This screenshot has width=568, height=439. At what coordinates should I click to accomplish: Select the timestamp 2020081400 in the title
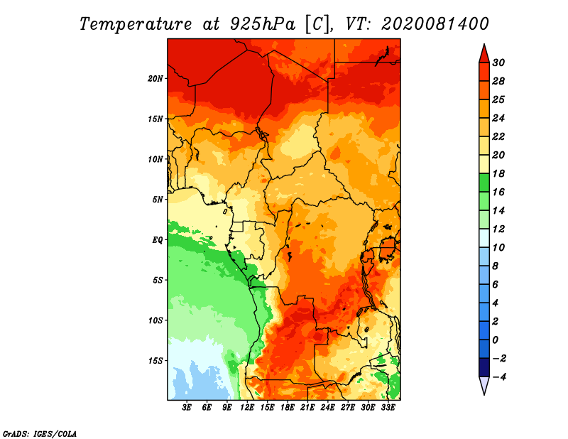(435, 23)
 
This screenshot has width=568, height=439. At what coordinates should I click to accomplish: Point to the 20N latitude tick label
(155, 78)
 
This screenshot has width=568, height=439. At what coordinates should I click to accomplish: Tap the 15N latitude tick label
(155, 119)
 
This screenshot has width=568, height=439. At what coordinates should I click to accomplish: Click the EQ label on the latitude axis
(157, 240)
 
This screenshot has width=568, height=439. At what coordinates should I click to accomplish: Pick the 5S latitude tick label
(158, 280)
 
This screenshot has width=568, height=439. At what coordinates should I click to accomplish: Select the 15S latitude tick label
(155, 361)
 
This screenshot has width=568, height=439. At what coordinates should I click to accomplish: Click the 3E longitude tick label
(187, 408)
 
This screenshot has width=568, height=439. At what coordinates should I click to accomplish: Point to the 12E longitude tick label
(247, 408)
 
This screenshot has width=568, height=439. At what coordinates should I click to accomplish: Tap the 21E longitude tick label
(307, 408)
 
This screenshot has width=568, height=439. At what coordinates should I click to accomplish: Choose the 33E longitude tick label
(388, 408)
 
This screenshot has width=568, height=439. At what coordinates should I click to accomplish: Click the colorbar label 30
(499, 62)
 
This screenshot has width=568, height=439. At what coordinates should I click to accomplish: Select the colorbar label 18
(499, 173)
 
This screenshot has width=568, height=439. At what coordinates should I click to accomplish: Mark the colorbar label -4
(498, 377)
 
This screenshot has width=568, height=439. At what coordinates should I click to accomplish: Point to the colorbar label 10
(499, 247)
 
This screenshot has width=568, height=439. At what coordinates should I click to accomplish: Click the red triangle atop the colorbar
(484, 54)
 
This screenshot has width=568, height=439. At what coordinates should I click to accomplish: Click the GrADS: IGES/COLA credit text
(39, 433)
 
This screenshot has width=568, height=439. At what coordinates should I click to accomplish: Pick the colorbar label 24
(499, 117)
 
